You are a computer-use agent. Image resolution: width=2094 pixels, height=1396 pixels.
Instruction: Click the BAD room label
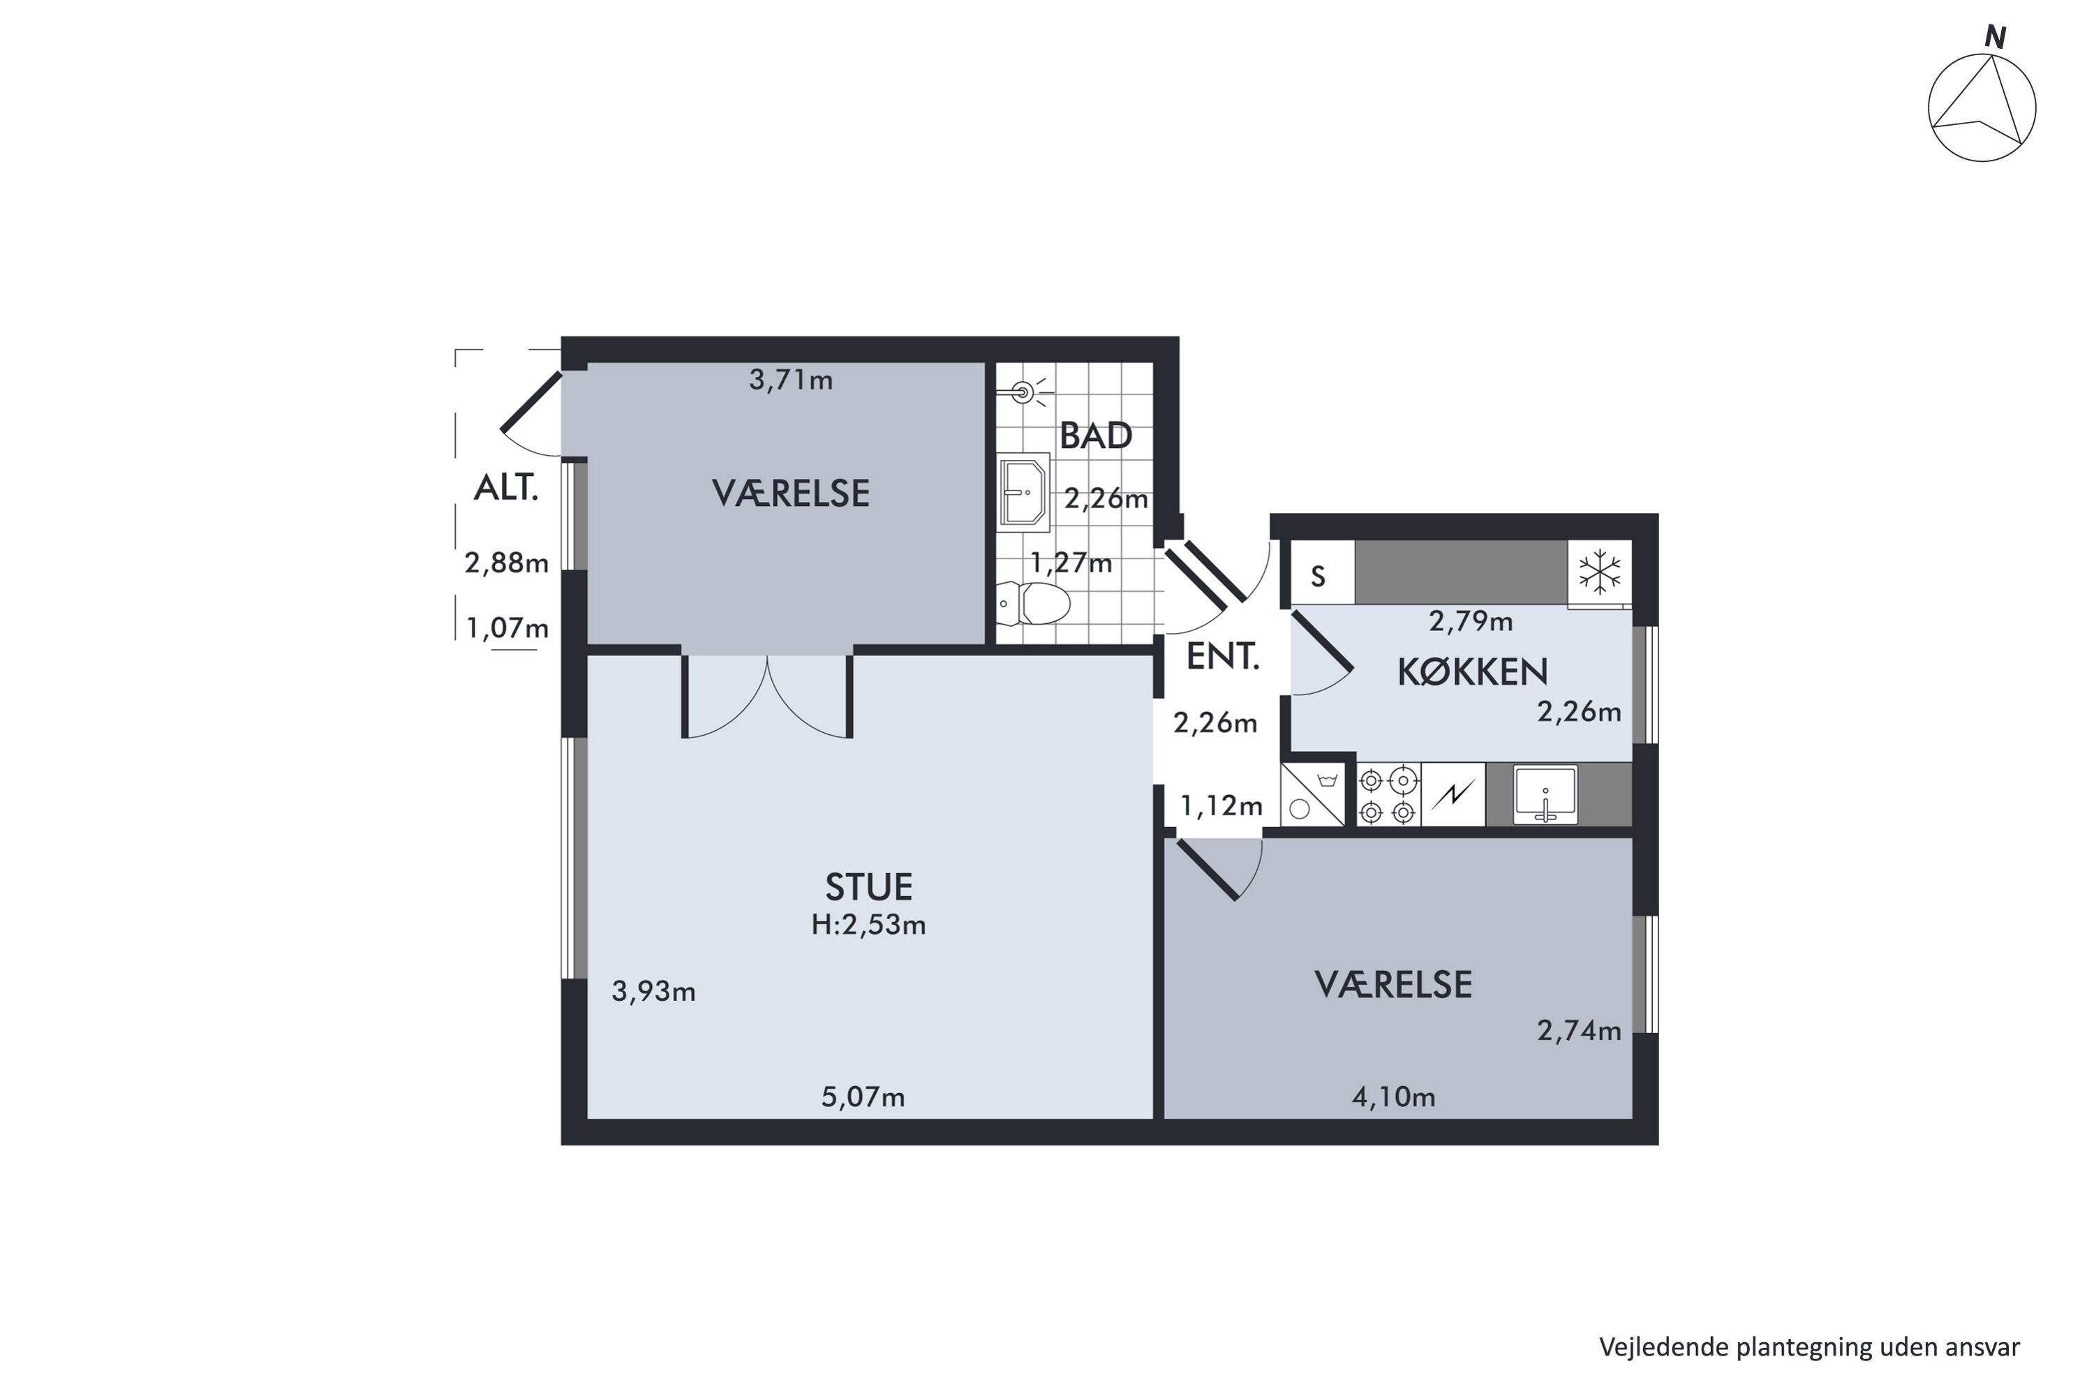coord(1095,436)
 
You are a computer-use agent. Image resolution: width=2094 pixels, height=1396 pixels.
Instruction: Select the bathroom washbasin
coord(1024,492)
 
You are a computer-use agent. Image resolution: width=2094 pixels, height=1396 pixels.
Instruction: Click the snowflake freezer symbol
coord(1600,572)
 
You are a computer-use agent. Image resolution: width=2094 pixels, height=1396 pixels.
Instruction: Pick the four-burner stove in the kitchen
coord(1388,794)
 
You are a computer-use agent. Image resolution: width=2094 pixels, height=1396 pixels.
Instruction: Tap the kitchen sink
coord(1545,794)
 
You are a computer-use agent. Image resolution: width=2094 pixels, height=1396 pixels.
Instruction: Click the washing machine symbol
coord(1312,794)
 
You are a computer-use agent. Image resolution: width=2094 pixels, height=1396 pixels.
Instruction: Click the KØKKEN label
coord(1473,672)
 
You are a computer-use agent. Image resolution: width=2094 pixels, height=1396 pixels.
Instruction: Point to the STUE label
coord(869,888)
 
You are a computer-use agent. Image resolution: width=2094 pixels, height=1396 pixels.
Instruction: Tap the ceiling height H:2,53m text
coord(869,925)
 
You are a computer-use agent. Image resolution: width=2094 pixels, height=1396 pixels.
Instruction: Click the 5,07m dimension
coord(863,1097)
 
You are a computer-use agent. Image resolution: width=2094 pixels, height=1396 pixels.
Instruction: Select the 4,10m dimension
coord(1393,1097)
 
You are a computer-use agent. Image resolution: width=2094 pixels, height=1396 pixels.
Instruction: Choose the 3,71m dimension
coord(791,380)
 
